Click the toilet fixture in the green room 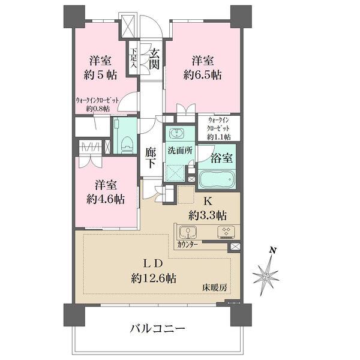click(126, 142)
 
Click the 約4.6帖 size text click(101, 199)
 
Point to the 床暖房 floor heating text click(214, 288)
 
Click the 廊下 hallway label click(151, 157)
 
